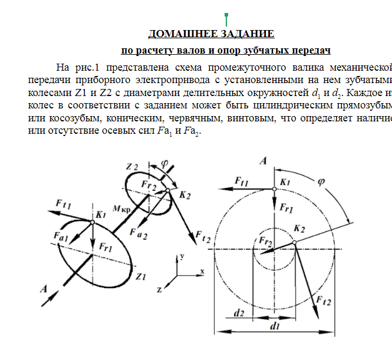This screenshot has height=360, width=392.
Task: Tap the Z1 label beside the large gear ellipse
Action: [x=140, y=276]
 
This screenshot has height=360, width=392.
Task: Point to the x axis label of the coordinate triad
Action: [x=202, y=271]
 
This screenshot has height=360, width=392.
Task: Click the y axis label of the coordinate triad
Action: [x=183, y=257]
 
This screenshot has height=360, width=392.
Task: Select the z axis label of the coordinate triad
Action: [x=159, y=289]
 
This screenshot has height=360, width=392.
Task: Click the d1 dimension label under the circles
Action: [x=274, y=325]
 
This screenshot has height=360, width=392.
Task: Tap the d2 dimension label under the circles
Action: [x=239, y=313]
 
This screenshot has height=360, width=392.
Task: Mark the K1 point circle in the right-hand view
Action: [x=274, y=189]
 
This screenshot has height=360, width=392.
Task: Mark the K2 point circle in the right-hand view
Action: [x=294, y=242]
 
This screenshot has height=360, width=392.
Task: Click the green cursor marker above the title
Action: [x=226, y=18]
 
